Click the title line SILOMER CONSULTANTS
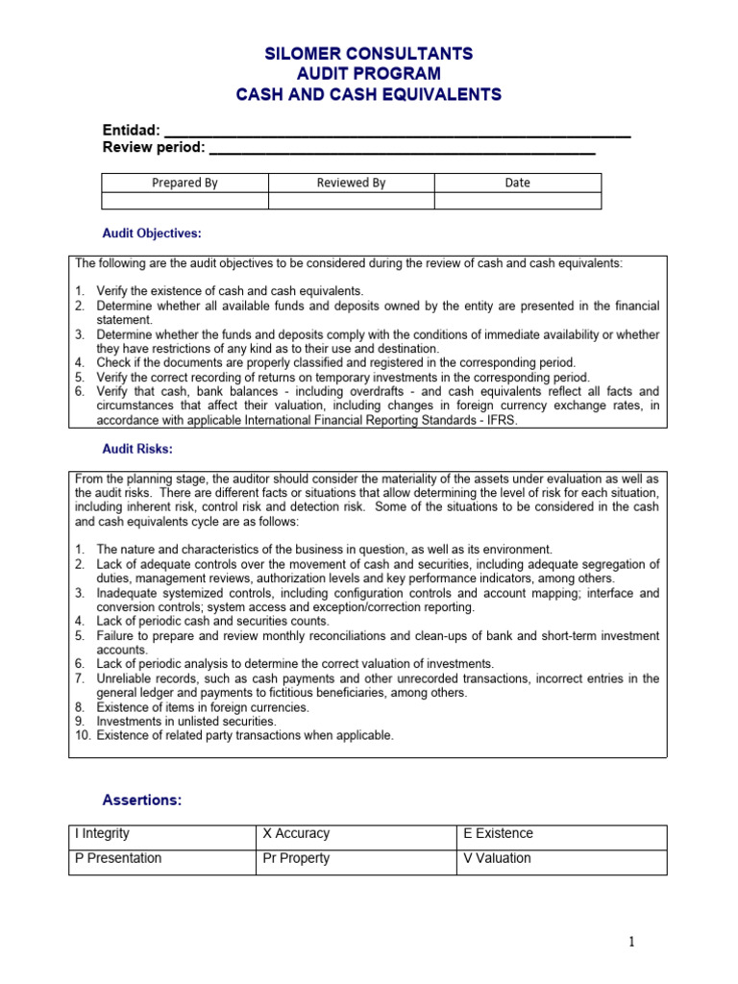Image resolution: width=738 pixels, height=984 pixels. click(369, 53)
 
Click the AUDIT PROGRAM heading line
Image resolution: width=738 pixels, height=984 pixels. click(369, 74)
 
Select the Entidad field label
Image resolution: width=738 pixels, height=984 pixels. click(131, 131)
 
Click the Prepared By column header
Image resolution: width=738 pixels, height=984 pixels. click(184, 183)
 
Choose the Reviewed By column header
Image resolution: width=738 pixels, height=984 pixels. click(351, 183)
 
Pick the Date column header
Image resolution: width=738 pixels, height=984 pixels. click(517, 183)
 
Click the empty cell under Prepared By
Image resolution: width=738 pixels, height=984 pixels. click(184, 201)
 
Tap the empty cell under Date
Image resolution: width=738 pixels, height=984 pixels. click(517, 201)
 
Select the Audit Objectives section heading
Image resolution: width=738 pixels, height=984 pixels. click(152, 234)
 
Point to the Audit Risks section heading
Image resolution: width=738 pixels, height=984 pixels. click(137, 450)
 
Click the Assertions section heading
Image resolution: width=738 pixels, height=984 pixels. click(142, 800)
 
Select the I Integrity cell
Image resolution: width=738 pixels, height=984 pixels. click(163, 834)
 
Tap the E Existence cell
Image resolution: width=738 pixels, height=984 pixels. click(562, 834)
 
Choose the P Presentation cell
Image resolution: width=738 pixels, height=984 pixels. click(163, 859)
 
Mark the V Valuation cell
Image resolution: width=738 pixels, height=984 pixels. click(562, 859)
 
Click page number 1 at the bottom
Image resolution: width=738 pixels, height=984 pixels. click(632, 943)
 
